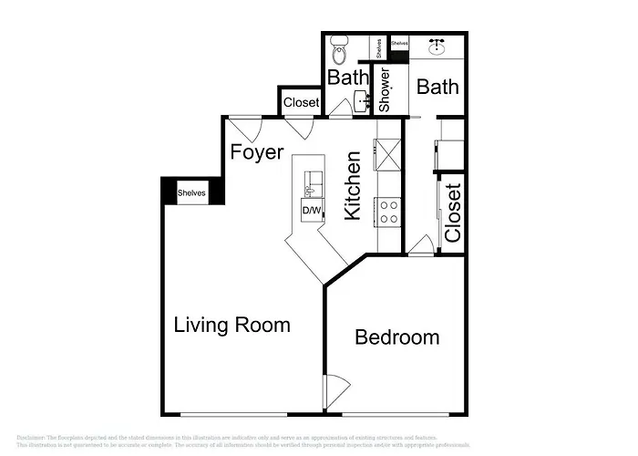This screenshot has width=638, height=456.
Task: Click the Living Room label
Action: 232,325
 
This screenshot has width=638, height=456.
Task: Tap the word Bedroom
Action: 396,337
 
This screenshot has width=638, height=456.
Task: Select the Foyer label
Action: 256,151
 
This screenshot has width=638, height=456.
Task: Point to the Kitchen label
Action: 353,185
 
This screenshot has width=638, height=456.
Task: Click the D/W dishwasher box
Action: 312,211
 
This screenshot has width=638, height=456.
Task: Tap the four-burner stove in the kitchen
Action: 389,212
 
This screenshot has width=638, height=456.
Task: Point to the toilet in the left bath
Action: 340,47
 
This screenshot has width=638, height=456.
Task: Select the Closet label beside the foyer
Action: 301,103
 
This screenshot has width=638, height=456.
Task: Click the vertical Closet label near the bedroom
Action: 452,212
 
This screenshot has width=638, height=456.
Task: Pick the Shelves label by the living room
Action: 191,193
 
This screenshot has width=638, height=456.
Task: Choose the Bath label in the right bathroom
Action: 437,88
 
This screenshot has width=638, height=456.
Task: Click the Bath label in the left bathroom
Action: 347,78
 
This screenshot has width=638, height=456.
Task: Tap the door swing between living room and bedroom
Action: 334,390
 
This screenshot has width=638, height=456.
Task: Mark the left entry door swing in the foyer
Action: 242,127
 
